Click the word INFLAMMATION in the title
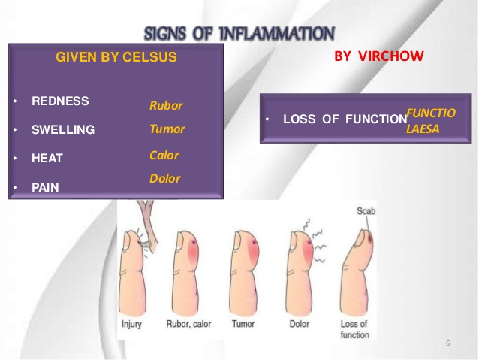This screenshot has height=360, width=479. point(277,33)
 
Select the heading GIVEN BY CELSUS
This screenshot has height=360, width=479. point(116,57)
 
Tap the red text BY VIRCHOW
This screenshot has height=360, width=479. point(379,56)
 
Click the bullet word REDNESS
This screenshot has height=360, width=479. point(60,101)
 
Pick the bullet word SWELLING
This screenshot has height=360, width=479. point(63,130)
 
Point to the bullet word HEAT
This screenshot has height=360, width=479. point(47,158)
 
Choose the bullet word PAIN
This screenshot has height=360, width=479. point(45,187)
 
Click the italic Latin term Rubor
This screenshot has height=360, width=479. point(166,106)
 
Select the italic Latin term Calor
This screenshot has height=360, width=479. point(164,156)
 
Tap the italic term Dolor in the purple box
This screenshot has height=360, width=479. point(165,179)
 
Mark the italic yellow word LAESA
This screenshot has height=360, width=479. point(423,129)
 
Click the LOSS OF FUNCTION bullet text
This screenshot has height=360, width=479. point(345,119)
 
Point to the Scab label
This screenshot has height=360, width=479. point(366,211)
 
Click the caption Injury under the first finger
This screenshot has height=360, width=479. point(131,324)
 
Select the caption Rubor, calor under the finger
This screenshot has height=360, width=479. point(188,324)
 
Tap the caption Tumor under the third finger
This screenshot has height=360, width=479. point(243,324)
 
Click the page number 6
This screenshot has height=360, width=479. point(447,343)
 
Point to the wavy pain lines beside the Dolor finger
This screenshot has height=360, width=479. point(317,242)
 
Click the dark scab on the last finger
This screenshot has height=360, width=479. point(370,238)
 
